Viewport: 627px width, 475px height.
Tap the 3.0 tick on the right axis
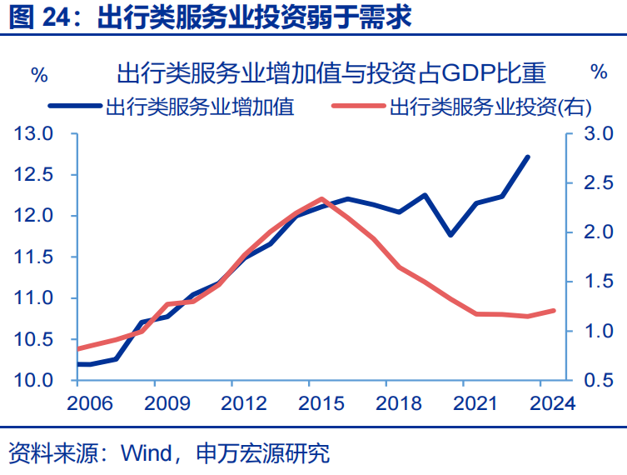596,133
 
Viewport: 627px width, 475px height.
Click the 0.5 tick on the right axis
596,381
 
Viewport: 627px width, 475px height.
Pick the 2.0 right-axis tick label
596,232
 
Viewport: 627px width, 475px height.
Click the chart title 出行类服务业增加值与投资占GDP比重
331,73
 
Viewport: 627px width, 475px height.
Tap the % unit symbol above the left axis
39,73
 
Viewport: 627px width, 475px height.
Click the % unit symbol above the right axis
599,72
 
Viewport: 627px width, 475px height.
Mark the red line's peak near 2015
321,199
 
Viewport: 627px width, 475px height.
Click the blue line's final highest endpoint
528,157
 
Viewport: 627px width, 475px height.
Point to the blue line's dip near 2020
450,235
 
